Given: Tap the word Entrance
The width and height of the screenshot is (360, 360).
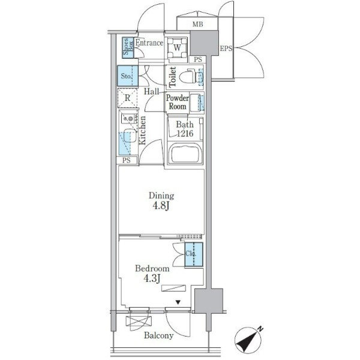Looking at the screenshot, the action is (x=149, y=43).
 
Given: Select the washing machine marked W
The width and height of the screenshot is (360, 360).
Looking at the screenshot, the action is (x=177, y=48).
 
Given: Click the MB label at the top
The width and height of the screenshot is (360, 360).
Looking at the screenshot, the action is (x=197, y=24).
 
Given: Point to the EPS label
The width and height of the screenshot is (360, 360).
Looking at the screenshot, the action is (x=226, y=49).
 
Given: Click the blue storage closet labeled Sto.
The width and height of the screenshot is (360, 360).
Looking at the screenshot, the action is (x=128, y=76).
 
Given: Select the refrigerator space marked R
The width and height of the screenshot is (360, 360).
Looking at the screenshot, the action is (x=127, y=98).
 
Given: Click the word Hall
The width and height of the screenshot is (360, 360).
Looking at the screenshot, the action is (x=152, y=92).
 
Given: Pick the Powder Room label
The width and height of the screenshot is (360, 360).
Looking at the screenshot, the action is (x=177, y=102).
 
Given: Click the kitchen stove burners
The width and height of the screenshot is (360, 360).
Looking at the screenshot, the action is (x=129, y=118).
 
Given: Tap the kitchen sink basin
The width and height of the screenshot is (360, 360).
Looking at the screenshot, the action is (x=130, y=136).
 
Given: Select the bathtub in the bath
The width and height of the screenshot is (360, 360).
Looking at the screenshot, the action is (x=185, y=153).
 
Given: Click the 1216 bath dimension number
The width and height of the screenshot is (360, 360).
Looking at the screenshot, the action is (x=185, y=133).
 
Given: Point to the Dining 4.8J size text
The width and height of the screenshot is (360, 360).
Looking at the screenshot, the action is (x=161, y=206).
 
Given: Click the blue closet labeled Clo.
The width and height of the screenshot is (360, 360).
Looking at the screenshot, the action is (x=194, y=254).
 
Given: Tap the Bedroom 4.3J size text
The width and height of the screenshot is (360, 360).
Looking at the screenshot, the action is (x=152, y=278).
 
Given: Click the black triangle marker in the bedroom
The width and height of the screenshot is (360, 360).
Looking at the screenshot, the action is (x=178, y=302).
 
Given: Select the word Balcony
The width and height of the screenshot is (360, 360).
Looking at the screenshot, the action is (x=158, y=335).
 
